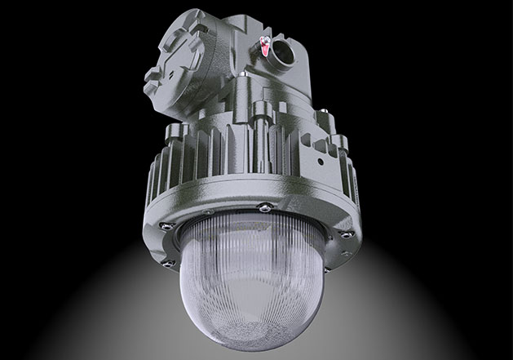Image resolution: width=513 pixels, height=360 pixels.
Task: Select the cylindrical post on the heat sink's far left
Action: click(x=173, y=139)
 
